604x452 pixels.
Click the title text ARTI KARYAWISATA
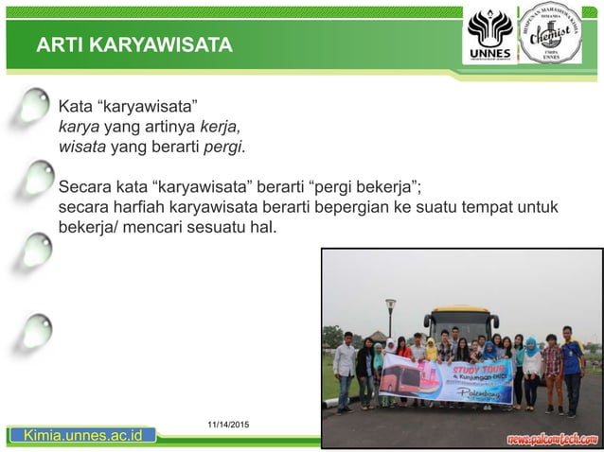[133, 46]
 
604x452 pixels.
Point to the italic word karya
[79, 126]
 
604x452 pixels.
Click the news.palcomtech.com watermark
[552, 438]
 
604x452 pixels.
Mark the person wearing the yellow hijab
[432, 352]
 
